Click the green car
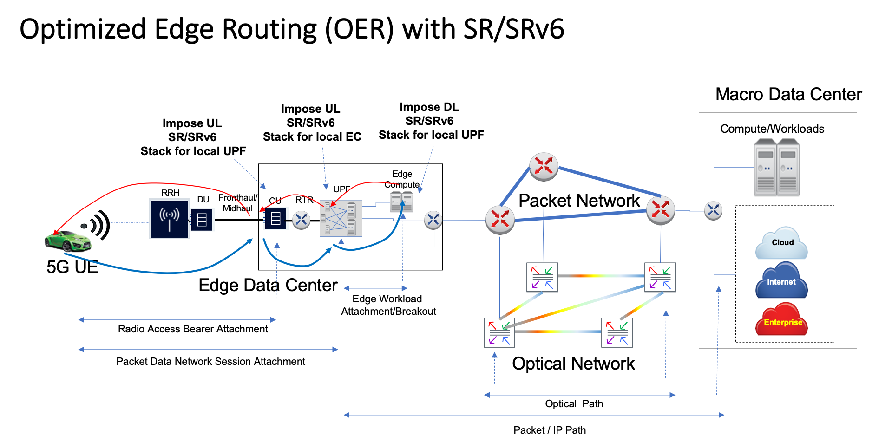click(69, 241)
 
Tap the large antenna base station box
click(169, 219)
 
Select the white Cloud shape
click(781, 243)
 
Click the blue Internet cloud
click(781, 281)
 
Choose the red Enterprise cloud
click(781, 321)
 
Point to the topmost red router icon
click(544, 166)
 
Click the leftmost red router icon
click(500, 219)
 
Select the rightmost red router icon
click(660, 209)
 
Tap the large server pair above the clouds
click(776, 168)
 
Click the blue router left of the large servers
click(713, 210)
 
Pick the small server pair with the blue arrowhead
click(401, 202)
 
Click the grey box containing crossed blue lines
click(341, 218)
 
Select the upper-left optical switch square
click(542, 277)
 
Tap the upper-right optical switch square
click(660, 277)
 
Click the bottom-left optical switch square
click(499, 332)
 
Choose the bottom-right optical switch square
click(617, 332)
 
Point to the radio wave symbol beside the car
click(95, 225)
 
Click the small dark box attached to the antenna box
click(202, 220)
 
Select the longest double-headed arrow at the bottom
click(534, 415)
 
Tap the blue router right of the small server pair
click(433, 220)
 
